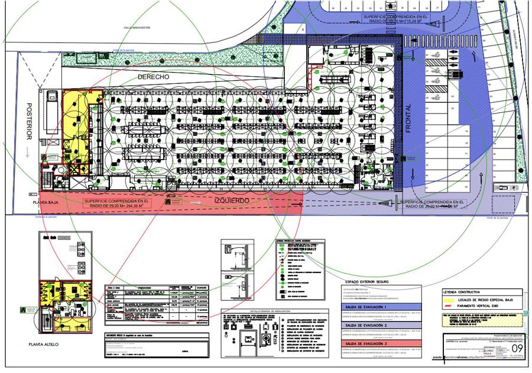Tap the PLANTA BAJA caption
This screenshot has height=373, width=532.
50,201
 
